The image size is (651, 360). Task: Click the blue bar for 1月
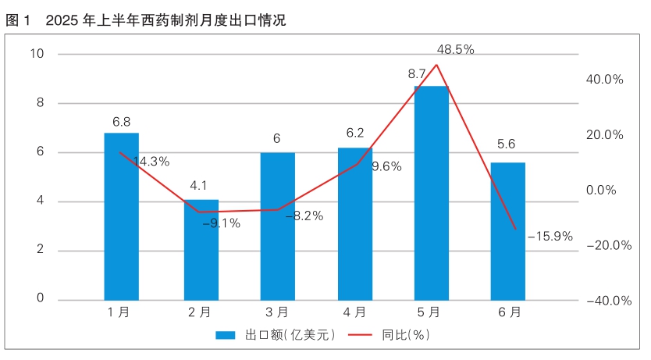coord(121,216)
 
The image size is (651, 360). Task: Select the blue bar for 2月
coord(201,250)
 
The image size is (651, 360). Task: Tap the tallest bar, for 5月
coord(431,193)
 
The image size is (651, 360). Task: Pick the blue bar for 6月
coord(507,231)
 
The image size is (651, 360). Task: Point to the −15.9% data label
coord(550,235)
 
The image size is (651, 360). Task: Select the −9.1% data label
coord(221,223)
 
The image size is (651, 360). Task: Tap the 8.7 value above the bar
coord(417,73)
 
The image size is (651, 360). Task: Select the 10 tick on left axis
coord(37,54)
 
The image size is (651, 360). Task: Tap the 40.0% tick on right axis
coord(604,80)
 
